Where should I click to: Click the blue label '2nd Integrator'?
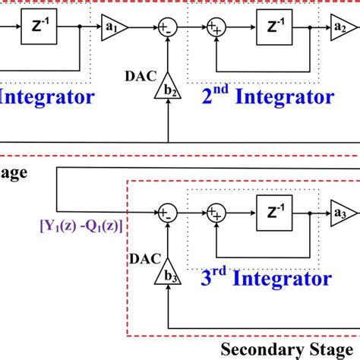(x=267, y=96)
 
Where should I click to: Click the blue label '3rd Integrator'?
(x=267, y=279)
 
